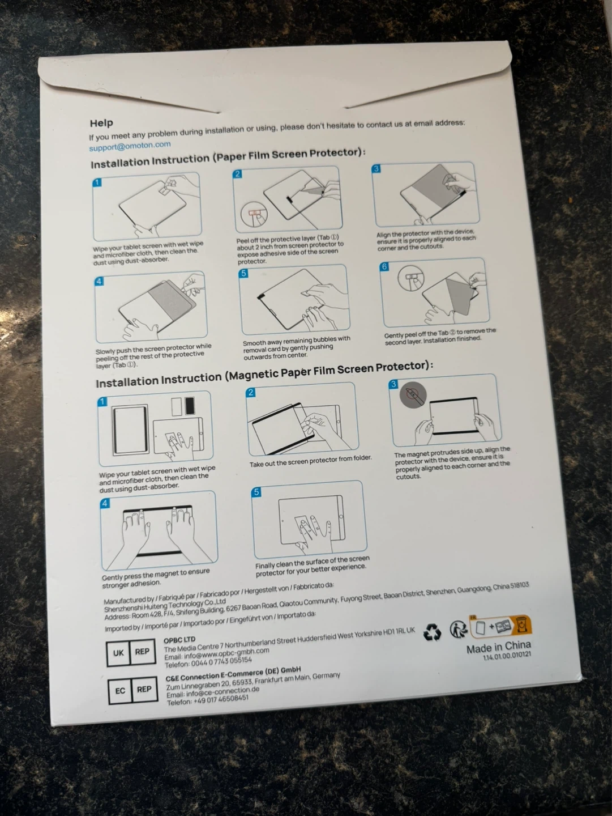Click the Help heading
101,122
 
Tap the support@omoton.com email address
130,146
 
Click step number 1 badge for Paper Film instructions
97,182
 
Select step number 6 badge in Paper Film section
384,266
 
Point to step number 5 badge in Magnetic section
256,492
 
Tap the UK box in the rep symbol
118,653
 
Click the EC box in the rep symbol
121,691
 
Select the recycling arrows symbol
433,632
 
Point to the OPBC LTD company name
179,640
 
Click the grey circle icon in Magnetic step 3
413,394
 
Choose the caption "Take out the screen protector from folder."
310,461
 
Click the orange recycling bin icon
522,625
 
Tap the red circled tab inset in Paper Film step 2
254,215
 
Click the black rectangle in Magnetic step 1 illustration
190,405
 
